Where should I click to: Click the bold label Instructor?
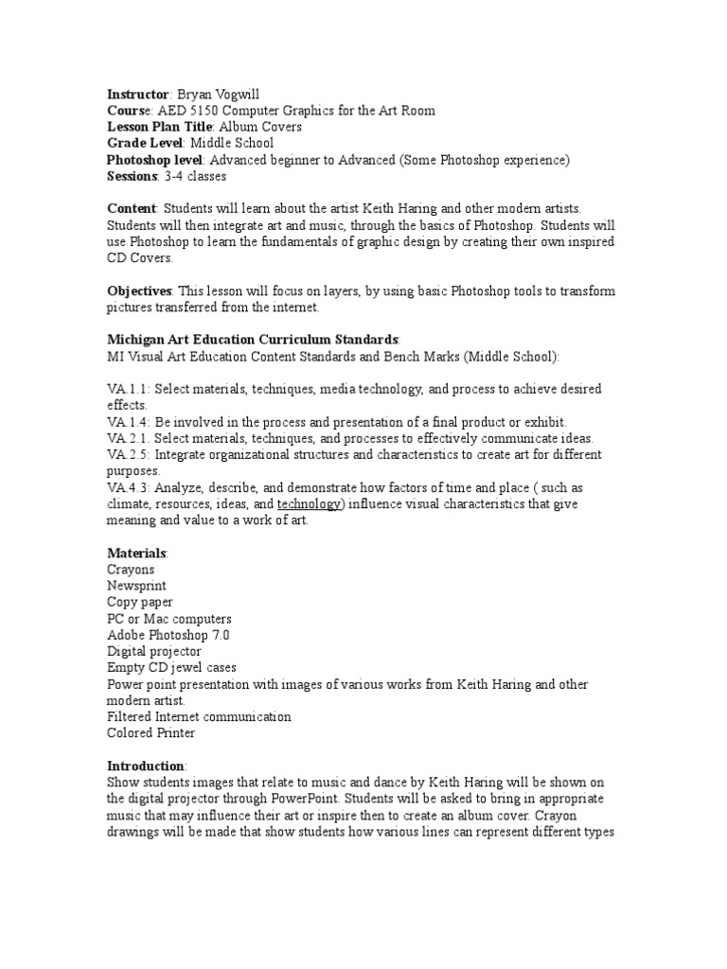point(137,95)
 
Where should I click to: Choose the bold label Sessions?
point(132,176)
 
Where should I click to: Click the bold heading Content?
point(132,208)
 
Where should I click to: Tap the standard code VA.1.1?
point(127,389)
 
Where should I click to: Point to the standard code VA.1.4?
point(127,421)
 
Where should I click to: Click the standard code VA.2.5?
point(127,454)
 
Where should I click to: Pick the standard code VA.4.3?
point(127,487)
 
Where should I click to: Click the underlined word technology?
point(307,503)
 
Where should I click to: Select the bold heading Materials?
point(137,553)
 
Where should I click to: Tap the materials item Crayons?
point(131,570)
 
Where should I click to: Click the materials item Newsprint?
point(136,586)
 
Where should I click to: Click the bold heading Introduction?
point(146,766)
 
